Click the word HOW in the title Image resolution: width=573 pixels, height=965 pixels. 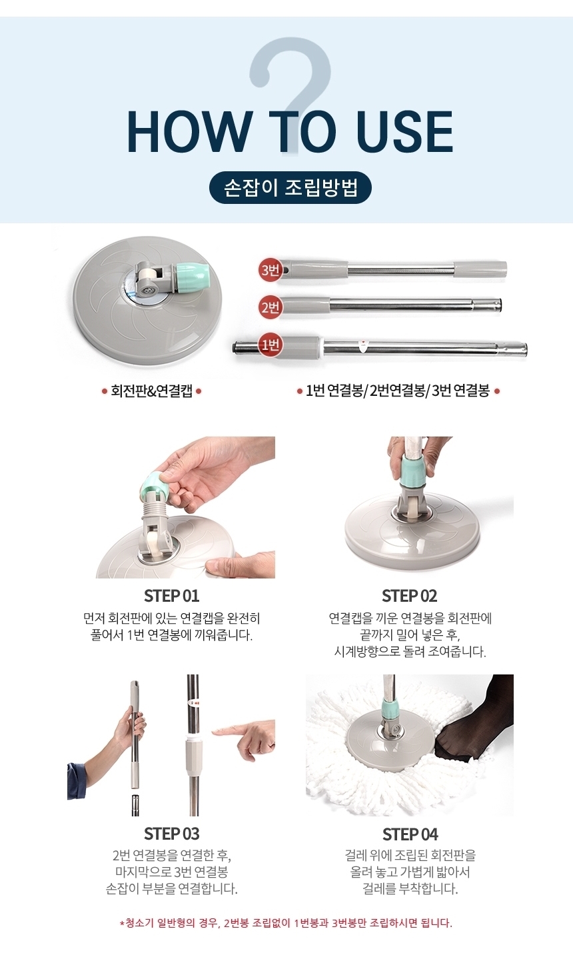(189, 133)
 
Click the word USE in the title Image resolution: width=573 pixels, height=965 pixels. (405, 133)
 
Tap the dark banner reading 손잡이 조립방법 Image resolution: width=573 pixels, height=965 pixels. (290, 187)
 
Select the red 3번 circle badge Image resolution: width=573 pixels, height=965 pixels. (270, 270)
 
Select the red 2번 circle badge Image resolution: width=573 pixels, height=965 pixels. (271, 307)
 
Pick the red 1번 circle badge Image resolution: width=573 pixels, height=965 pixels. (271, 345)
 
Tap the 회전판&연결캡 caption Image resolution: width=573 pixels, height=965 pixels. (151, 391)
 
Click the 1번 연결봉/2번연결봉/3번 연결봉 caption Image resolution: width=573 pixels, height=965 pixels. (398, 391)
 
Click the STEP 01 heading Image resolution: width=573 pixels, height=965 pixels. (171, 596)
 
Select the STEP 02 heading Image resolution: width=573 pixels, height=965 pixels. (409, 596)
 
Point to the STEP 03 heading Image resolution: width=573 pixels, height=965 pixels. (171, 834)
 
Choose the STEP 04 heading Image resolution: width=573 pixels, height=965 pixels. (410, 834)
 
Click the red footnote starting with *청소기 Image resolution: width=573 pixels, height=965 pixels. (286, 923)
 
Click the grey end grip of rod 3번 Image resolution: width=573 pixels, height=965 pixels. (481, 269)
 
